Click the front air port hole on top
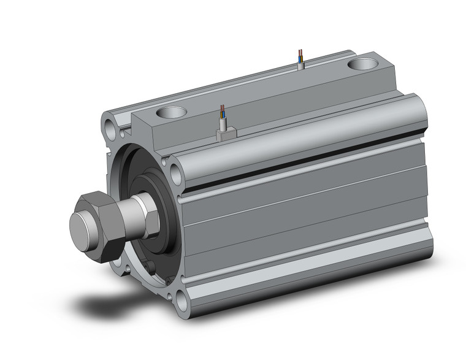point(170,113)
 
